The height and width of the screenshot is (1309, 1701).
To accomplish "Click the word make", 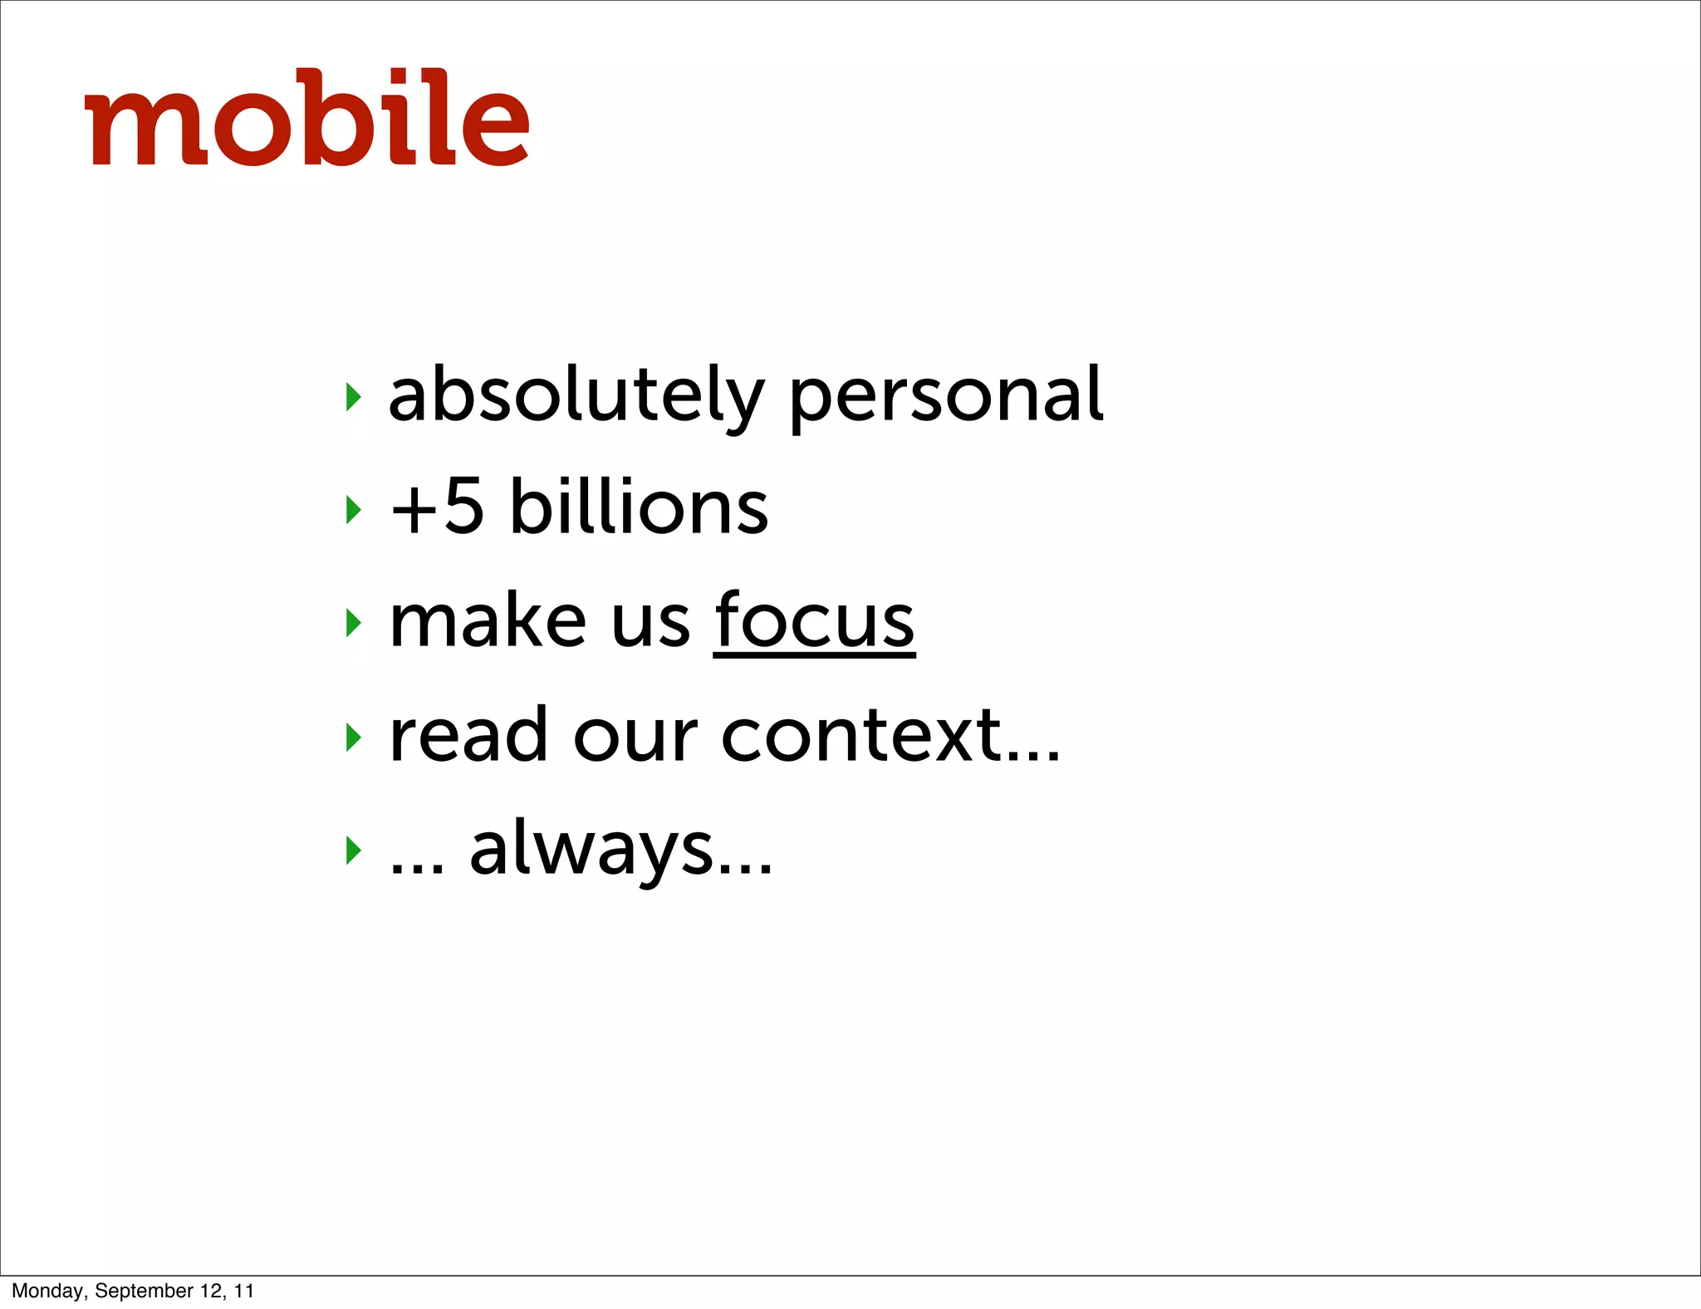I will point(488,620).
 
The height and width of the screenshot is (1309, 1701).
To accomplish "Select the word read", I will point(468,734).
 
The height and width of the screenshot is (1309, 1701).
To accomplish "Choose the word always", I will point(591,848).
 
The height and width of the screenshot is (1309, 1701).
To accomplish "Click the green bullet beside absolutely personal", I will point(354,397).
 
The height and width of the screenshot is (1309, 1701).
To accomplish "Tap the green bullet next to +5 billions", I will point(354,509).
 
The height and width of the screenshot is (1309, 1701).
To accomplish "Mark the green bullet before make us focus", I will point(354,622).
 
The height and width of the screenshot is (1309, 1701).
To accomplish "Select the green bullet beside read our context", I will point(354,736).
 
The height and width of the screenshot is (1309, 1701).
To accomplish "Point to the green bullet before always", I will point(354,850).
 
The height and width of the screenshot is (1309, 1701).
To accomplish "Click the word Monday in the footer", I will point(48,1291).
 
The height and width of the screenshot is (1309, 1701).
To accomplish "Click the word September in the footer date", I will point(144,1291).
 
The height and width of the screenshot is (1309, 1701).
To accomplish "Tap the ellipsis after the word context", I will point(1033,755).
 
